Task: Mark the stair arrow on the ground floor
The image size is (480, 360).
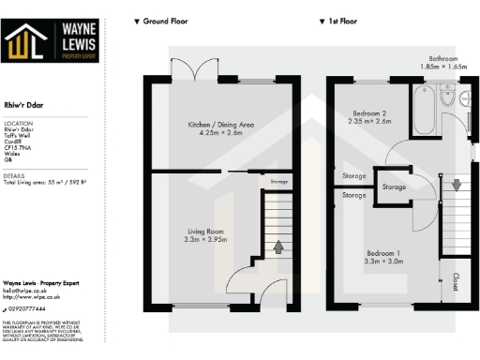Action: coord(278,247)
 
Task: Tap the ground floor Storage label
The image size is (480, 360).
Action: coord(278,182)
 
